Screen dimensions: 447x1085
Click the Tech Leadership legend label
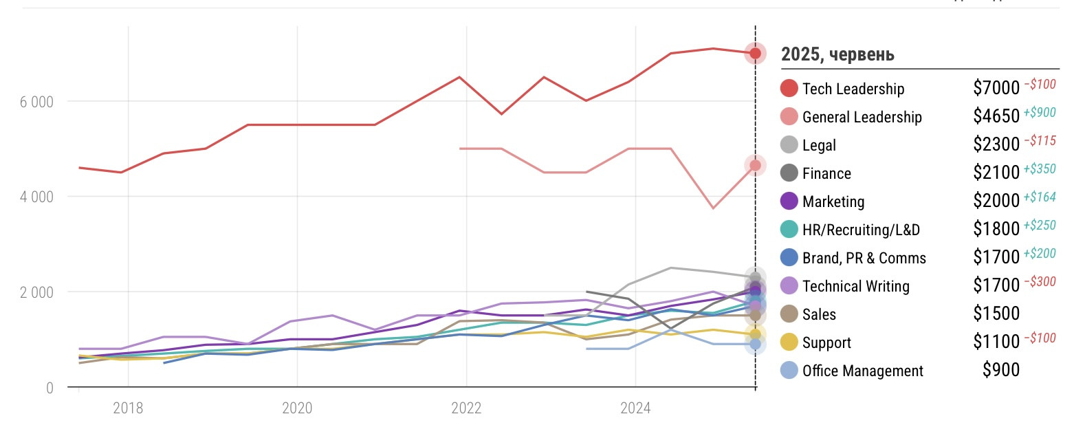[x=853, y=89]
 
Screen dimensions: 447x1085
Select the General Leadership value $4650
[x=996, y=116]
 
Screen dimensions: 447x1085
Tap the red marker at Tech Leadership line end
[x=755, y=53]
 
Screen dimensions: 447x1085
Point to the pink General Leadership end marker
[x=755, y=165]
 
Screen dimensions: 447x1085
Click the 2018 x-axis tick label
[x=128, y=408]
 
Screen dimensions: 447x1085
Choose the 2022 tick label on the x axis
[x=466, y=408]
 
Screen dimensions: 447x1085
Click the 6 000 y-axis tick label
[x=36, y=102]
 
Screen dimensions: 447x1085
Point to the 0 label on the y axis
[x=50, y=388]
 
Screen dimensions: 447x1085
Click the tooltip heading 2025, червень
[x=837, y=54]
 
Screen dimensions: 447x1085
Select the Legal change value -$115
[x=1040, y=141]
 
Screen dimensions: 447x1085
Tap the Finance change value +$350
[x=1040, y=169]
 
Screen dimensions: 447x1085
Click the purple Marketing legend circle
[x=789, y=201]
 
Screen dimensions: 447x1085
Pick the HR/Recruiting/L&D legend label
[x=861, y=230]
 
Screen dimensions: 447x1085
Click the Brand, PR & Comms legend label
[x=864, y=258]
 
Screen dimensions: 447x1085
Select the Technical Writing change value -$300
[x=1040, y=282]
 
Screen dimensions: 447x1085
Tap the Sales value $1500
[x=996, y=314]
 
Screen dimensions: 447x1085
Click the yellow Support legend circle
[x=789, y=342]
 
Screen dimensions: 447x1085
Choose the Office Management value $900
[x=1000, y=370]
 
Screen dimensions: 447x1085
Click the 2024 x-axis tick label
[x=635, y=408]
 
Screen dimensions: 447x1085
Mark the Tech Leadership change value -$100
[x=1040, y=85]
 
